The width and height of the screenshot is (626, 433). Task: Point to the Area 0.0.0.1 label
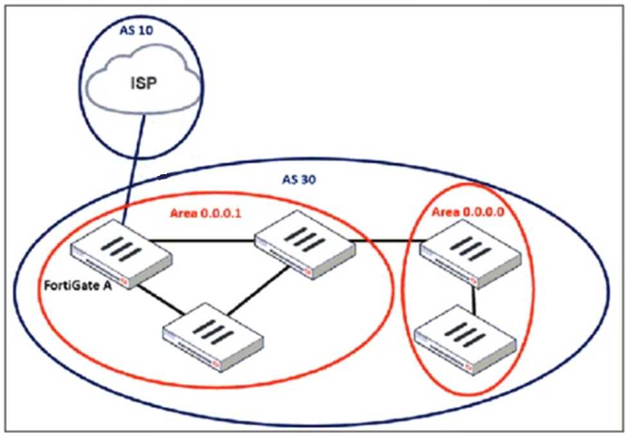pos(205,214)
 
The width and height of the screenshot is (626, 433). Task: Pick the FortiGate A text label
pos(76,285)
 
